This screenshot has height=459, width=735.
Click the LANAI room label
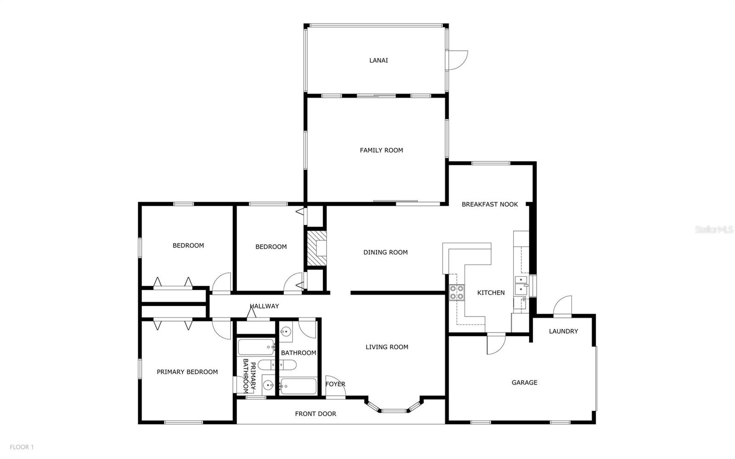[x=379, y=60]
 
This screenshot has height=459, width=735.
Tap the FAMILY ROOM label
[x=381, y=150]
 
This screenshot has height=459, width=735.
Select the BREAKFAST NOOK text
[x=490, y=204]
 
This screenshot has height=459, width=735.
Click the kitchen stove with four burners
[x=457, y=292]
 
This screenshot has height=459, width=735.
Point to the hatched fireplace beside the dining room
[x=317, y=249]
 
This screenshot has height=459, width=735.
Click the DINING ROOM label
[x=385, y=252]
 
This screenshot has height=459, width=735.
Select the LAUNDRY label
[x=563, y=331]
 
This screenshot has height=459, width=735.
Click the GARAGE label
[x=524, y=383]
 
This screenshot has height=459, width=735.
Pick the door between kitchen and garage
[x=496, y=344]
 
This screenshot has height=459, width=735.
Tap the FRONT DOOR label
[x=315, y=414]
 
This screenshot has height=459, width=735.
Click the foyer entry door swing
[x=335, y=386]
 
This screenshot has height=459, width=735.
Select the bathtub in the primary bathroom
[x=256, y=347]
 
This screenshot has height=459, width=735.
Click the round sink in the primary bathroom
[x=268, y=385]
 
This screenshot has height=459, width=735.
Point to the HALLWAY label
[x=264, y=306]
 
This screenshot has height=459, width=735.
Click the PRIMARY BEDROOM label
[x=187, y=372]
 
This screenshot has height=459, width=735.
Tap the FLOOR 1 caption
[x=22, y=447]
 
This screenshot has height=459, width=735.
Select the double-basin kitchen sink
[x=521, y=285]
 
